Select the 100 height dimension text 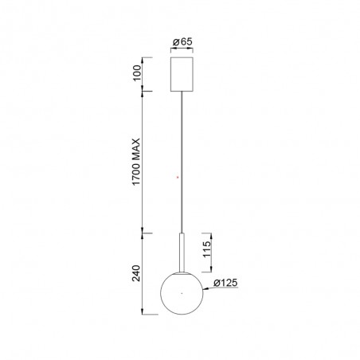tap(135, 75)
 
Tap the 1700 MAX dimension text tap(135, 162)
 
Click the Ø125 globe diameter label tap(226, 281)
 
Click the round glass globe tap(182, 294)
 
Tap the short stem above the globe tap(182, 252)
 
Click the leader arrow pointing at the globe tap(207, 285)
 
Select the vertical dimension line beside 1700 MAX tap(144, 162)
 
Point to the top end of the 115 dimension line tap(216, 233)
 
